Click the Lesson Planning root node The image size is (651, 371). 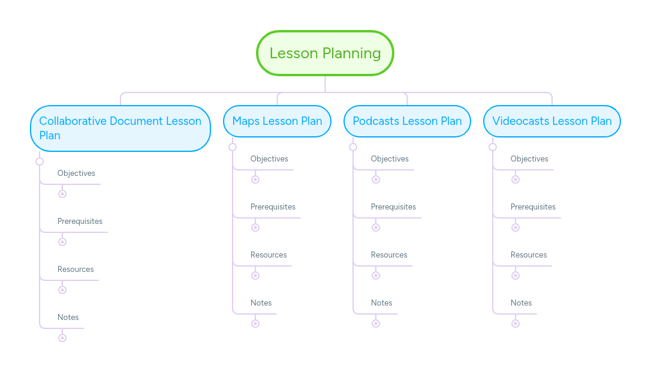point(325,53)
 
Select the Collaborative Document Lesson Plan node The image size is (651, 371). point(120,128)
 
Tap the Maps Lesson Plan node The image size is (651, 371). point(277,121)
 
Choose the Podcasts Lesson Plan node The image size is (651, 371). point(407,121)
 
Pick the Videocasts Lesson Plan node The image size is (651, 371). point(551,121)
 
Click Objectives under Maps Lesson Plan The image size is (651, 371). point(269,159)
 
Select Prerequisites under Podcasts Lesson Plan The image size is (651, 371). point(393,207)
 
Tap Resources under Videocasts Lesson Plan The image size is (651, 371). point(529,255)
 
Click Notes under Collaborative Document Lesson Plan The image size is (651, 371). point(68,318)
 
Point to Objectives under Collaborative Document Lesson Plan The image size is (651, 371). point(76,173)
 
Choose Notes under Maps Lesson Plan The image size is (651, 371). point(261,303)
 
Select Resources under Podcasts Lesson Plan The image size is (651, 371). point(389,255)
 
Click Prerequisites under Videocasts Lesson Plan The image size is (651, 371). point(533,207)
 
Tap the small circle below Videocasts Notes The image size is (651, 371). point(516,324)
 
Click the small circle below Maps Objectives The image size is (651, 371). point(255,179)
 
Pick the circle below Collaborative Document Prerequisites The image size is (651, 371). point(62,242)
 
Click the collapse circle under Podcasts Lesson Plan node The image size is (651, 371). point(353,147)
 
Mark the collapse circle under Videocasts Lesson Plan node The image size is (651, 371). point(493,147)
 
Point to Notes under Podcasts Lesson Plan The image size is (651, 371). point(382,303)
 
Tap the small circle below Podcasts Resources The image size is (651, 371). point(376,276)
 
